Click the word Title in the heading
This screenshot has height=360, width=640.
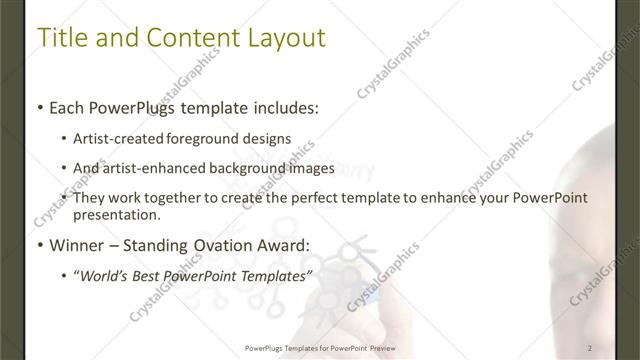click(61, 39)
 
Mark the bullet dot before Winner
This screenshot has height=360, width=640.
click(39, 245)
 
